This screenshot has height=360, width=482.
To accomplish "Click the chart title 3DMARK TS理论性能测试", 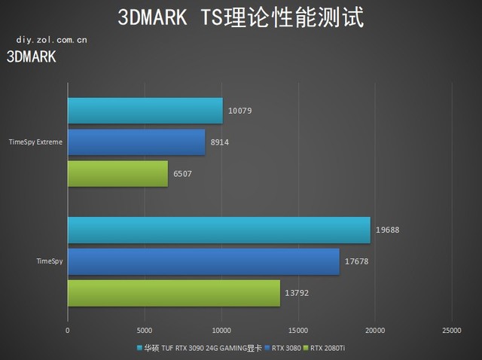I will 240,18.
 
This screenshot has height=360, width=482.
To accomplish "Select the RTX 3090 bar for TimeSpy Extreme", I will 145,111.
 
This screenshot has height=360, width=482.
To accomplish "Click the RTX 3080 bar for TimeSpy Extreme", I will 136,142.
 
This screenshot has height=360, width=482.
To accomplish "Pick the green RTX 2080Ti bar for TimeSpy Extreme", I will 117,173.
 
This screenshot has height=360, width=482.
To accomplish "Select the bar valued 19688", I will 218,230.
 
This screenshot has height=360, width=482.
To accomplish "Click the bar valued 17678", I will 203,261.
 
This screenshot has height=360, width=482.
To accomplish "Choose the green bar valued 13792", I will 173,293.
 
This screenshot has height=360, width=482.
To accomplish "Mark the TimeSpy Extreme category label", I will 35,142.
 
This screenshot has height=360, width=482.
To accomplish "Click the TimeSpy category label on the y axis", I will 50,261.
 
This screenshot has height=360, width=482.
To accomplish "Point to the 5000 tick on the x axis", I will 145,330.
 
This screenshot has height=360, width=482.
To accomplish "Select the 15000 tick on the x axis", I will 298,330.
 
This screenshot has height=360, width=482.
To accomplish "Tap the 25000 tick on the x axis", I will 451,330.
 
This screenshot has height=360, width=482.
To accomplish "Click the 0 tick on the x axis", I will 68,330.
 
